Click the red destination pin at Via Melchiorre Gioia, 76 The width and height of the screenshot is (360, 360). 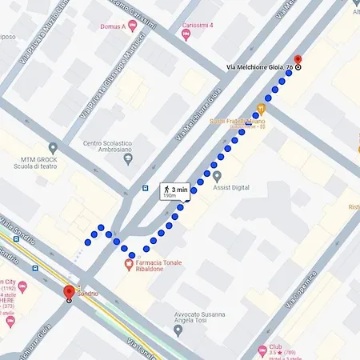click(298, 59)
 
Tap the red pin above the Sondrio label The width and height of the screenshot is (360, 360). click(69, 291)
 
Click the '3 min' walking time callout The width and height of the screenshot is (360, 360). click(176, 191)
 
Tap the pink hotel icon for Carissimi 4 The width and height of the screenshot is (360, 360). click(186, 35)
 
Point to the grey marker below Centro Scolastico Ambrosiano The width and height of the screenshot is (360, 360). click(128, 160)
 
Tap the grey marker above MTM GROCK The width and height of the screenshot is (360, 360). click(53, 148)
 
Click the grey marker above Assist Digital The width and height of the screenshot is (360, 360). click(216, 176)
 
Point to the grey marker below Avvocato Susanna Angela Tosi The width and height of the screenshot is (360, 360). click(178, 329)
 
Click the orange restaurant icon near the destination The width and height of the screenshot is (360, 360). click(260, 108)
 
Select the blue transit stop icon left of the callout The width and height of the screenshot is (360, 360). click(145, 189)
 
